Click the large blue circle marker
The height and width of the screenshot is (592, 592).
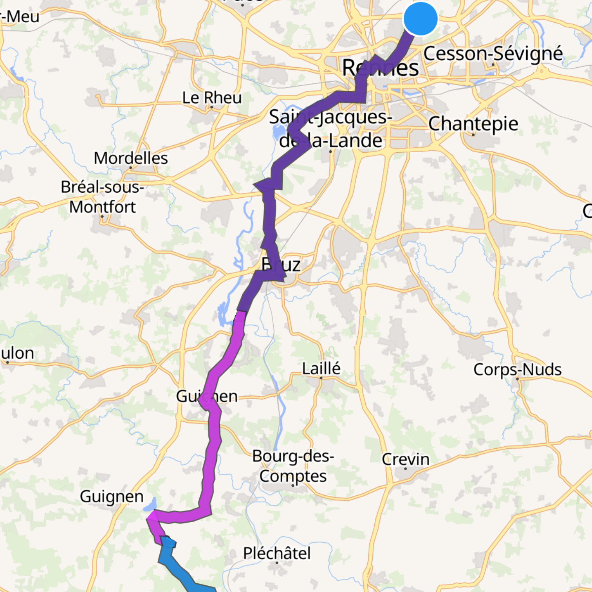click(420, 18)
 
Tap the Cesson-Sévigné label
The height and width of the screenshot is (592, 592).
click(493, 54)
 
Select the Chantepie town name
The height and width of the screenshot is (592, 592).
click(473, 124)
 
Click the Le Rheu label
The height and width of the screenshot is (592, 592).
click(212, 97)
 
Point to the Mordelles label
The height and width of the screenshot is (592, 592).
click(131, 158)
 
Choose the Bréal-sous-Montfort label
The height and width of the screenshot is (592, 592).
click(103, 197)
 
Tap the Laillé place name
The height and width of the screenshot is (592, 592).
click(321, 368)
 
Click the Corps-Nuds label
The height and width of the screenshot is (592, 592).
click(517, 369)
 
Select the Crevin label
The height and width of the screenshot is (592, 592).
click(406, 459)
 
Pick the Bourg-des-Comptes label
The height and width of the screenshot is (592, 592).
click(293, 466)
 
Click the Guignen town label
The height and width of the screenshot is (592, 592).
click(112, 496)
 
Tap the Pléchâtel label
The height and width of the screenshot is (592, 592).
click(277, 553)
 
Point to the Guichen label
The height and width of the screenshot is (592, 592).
click(207, 396)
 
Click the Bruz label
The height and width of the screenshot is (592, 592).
click(281, 265)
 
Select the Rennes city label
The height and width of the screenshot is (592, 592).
click(380, 68)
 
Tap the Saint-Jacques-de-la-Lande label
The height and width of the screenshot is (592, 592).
click(330, 128)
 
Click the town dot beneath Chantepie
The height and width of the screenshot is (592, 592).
click(473, 135)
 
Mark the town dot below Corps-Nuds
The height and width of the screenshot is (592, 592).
click(517, 379)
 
